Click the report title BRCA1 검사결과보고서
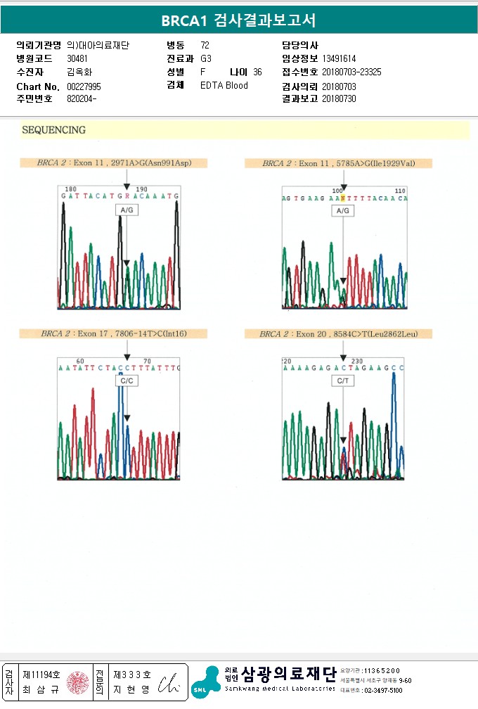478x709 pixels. pos(238,20)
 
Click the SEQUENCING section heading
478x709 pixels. pos(54,130)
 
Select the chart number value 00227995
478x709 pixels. pos(84,87)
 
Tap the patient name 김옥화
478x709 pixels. pos(79,72)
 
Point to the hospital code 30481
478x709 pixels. pos(77,58)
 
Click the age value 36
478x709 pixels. pos(257,72)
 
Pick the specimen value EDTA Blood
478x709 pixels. pos(224,86)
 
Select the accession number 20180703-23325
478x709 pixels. pos(351,72)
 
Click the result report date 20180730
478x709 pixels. pos(339,99)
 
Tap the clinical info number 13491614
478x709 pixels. pos(339,59)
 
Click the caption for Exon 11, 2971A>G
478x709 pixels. pos(115,163)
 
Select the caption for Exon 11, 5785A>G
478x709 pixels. pos(338,164)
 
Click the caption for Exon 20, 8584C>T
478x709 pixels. pos(338,333)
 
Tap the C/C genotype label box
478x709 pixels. pos(127,381)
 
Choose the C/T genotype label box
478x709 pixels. pos(343,381)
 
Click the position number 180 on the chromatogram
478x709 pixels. pos(70,189)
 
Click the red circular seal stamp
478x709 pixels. pos(78,682)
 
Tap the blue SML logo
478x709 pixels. pos(205,682)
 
